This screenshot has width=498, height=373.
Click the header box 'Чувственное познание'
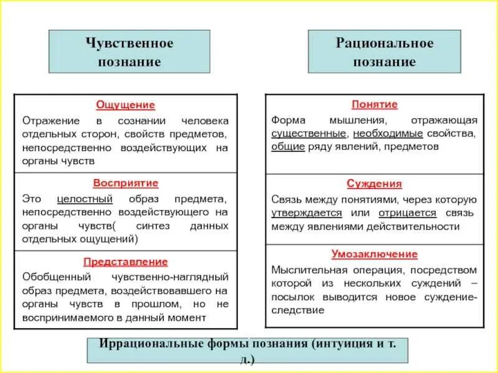click(129, 52)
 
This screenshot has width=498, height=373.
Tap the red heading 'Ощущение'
click(125, 105)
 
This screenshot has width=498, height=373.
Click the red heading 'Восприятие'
click(125, 183)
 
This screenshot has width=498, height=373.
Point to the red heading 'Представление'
click(125, 262)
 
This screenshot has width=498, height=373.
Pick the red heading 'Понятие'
click(374, 104)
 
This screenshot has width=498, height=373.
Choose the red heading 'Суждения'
click(374, 183)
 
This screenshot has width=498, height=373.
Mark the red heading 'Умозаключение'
click(374, 254)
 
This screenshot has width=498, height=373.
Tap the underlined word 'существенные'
click(309, 133)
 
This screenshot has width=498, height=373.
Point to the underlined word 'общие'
click(288, 147)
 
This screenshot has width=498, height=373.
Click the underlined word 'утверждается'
click(302, 213)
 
